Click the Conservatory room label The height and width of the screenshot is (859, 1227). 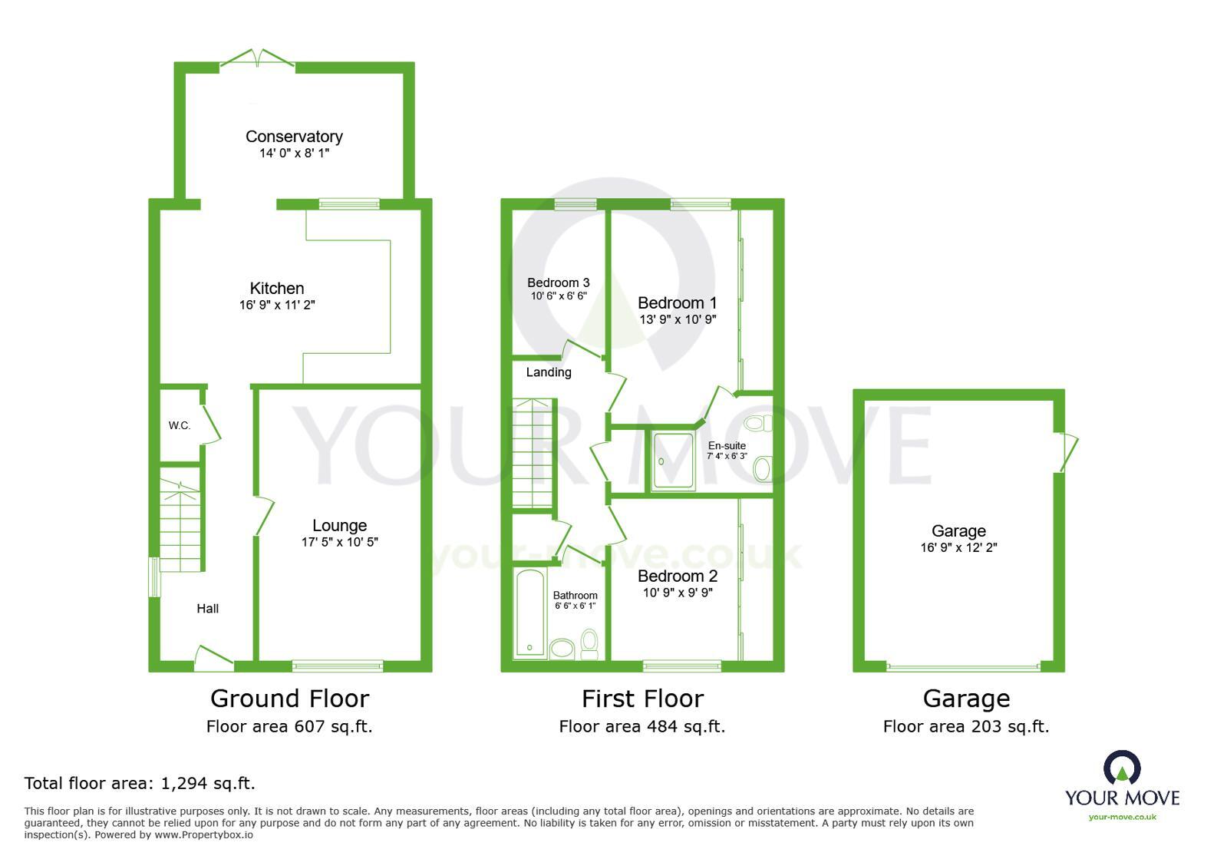click(x=294, y=137)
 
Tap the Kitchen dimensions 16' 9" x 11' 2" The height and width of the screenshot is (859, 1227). click(x=277, y=306)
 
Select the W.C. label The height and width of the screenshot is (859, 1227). click(x=180, y=425)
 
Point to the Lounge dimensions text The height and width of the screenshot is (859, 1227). click(x=339, y=542)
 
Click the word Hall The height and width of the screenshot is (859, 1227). click(x=207, y=609)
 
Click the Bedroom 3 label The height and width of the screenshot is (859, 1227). click(x=559, y=283)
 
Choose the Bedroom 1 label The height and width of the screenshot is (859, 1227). click(x=677, y=303)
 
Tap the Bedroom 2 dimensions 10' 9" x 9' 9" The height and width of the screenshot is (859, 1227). click(x=678, y=593)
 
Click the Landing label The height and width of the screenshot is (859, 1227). click(x=549, y=372)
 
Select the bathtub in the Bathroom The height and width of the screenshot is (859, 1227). click(x=529, y=614)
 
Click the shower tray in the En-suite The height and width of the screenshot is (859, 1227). click(x=672, y=461)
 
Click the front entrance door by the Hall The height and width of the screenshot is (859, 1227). click(x=213, y=658)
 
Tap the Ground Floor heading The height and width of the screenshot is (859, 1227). click(x=289, y=699)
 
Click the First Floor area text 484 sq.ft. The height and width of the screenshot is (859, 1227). click(x=642, y=726)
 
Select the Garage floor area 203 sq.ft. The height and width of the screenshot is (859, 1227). click(x=965, y=726)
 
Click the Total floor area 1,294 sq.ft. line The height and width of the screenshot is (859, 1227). click(x=140, y=784)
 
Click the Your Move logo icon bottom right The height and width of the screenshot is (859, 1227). click(x=1122, y=768)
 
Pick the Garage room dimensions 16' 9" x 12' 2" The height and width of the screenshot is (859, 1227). click(x=958, y=548)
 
